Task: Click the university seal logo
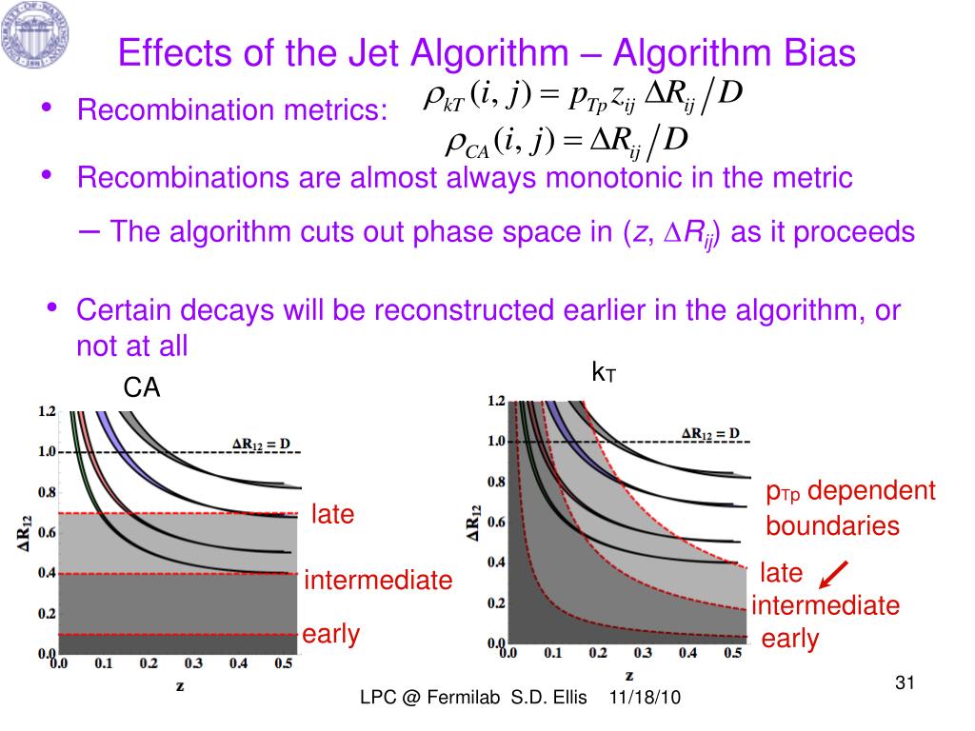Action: click(x=36, y=36)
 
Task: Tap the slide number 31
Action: click(x=905, y=682)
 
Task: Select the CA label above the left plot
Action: click(x=142, y=387)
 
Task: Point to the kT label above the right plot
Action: click(x=604, y=373)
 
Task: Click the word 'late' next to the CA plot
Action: click(x=332, y=515)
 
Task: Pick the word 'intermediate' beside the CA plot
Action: click(x=378, y=580)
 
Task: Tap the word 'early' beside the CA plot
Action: click(x=331, y=634)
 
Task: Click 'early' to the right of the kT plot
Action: click(x=789, y=639)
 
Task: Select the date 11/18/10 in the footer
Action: click(x=645, y=698)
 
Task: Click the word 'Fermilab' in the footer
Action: click(x=463, y=698)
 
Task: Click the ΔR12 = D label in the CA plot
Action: click(x=264, y=442)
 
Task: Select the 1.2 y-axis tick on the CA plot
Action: click(x=46, y=412)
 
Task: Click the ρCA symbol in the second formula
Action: click(x=468, y=145)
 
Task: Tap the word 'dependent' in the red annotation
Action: click(x=872, y=491)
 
